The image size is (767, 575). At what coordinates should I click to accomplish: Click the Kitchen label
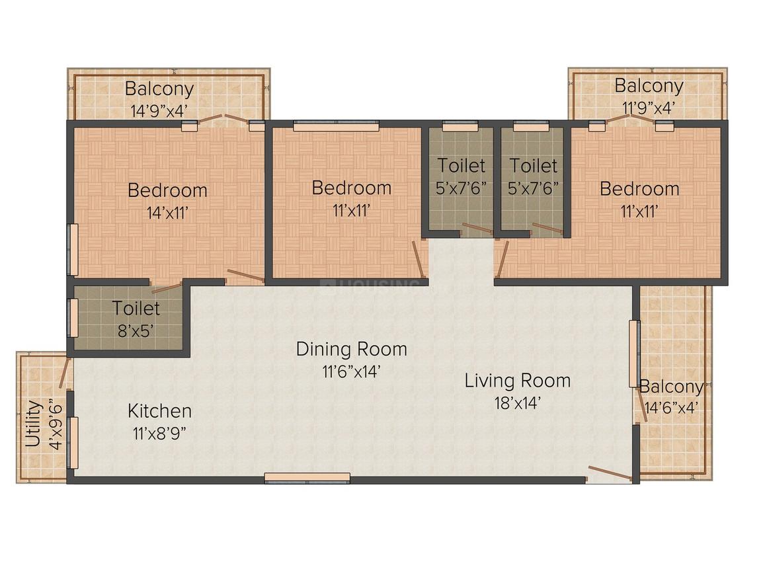pos(159,410)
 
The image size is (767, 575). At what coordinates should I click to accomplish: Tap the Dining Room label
pos(351,349)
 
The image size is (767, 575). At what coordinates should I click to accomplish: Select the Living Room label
pos(518,381)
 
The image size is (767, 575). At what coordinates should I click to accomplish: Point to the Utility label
pos(33,424)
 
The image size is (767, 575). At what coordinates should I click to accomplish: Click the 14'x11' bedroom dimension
pos(168,213)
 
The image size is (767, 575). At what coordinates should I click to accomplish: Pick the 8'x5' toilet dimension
pos(136,331)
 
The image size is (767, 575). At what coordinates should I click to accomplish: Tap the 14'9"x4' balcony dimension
pos(159,110)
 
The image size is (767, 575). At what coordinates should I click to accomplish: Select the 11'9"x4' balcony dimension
pos(649,107)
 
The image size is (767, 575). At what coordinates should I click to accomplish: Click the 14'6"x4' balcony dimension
pos(670,407)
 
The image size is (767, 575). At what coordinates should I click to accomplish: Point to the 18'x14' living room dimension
pos(518,403)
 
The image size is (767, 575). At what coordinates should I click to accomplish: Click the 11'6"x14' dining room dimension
pos(351,371)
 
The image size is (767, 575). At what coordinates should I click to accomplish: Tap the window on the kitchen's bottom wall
pos(307,479)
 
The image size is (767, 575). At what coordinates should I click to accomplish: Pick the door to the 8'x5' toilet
pos(167,287)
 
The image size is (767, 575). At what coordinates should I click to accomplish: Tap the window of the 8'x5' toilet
pos(73,318)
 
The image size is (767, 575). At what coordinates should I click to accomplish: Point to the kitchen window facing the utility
pos(73,443)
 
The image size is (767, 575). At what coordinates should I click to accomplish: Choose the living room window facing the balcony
pos(635,354)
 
